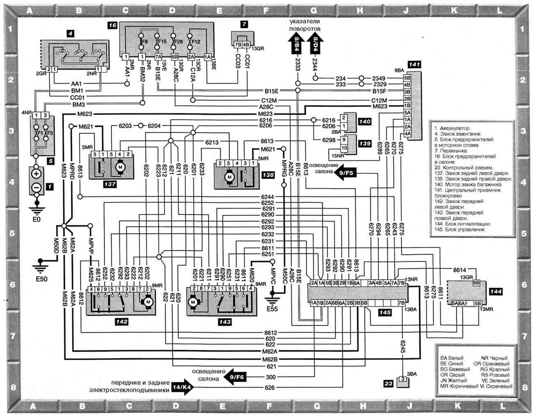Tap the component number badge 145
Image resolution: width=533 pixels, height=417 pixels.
pos(385,313)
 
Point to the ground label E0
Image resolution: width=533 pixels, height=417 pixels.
pos(36,220)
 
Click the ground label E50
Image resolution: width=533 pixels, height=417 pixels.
pos(41,279)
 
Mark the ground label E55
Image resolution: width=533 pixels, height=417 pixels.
pos(271,308)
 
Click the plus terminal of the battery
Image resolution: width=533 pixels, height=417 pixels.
pos(37,174)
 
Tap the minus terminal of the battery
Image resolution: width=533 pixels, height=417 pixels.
pos(37,187)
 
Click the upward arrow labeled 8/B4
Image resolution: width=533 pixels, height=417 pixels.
pos(297,44)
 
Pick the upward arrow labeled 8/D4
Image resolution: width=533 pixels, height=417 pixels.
pos(315,44)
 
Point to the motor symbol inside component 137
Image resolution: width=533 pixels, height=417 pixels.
pos(121,167)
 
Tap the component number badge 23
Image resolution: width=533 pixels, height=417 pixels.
pos(388,384)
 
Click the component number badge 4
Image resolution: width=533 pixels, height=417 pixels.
pos(71,34)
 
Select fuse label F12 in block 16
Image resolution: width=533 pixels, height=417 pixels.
pos(196,42)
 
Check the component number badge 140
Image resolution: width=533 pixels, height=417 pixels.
pos(364,122)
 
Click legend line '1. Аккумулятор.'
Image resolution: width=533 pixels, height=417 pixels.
pos(453,128)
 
